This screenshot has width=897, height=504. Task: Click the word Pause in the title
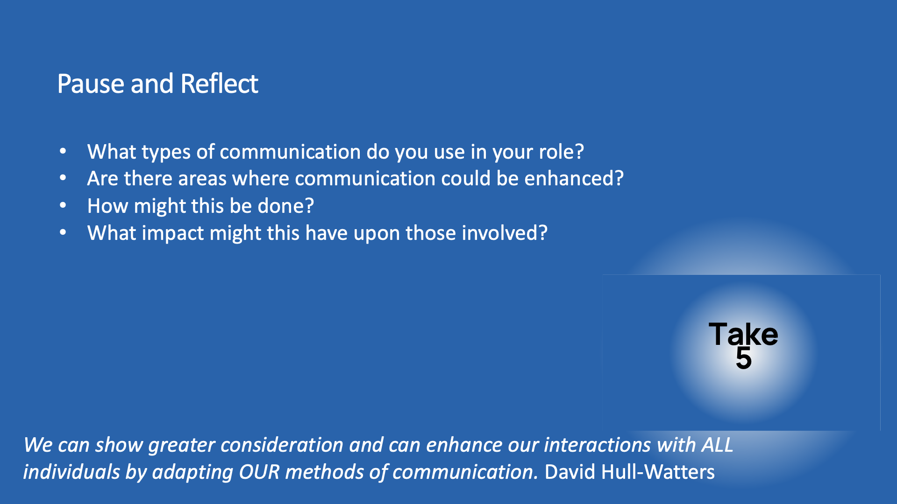pyautogui.click(x=91, y=84)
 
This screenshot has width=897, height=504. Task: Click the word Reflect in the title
pyautogui.click(x=219, y=84)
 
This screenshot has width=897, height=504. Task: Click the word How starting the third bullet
pyautogui.click(x=107, y=206)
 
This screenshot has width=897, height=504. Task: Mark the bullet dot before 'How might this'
pyautogui.click(x=63, y=205)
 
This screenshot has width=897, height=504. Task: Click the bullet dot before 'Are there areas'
pyautogui.click(x=63, y=178)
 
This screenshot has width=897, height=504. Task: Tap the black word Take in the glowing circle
pyautogui.click(x=743, y=335)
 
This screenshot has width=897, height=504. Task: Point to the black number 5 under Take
pyautogui.click(x=744, y=358)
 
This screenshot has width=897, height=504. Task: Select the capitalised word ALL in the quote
pyautogui.click(x=717, y=445)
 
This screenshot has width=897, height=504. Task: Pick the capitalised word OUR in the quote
pyautogui.click(x=259, y=472)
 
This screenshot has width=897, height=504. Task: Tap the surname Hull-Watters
pyautogui.click(x=658, y=472)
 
